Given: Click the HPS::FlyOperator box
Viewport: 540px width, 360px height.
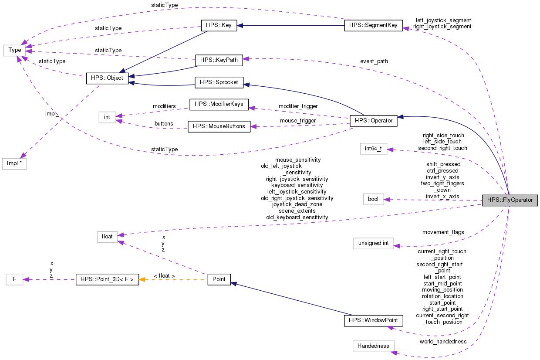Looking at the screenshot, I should (x=510, y=200).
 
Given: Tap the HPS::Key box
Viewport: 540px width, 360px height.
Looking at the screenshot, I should (x=219, y=25).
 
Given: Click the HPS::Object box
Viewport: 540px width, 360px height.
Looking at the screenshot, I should (x=107, y=78).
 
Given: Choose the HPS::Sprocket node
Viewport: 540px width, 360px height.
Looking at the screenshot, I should (x=219, y=82).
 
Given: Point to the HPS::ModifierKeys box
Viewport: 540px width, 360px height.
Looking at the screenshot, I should (x=219, y=104).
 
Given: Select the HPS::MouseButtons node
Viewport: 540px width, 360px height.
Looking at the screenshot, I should (x=219, y=126).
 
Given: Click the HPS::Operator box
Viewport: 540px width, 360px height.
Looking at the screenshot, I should (x=374, y=120).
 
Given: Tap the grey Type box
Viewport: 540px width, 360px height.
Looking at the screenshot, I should (x=14, y=50).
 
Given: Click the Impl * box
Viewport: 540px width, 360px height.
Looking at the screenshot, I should (x=14, y=164).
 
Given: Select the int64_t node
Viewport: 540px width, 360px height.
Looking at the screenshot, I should (x=373, y=149).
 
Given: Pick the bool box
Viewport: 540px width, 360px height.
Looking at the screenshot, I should (x=373, y=199).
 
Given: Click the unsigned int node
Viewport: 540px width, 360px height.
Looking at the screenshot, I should (x=373, y=243).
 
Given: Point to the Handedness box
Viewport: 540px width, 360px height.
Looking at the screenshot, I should (x=373, y=346).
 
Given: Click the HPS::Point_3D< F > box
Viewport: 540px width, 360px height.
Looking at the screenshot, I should (x=107, y=279).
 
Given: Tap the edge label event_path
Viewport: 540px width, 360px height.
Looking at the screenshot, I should (x=374, y=61).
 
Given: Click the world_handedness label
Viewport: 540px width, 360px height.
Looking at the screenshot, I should (x=443, y=341).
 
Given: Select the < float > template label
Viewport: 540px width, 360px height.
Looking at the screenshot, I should (x=164, y=276).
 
